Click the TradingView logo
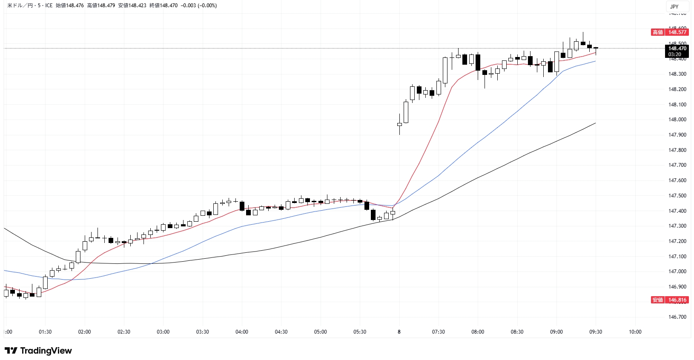(38, 351)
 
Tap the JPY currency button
(674, 6)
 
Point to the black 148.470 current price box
(677, 49)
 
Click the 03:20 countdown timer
(675, 54)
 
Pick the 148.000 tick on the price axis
(677, 120)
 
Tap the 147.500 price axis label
(677, 196)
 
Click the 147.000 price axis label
(677, 271)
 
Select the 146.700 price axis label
(677, 317)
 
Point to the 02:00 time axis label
(84, 332)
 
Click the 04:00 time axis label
(242, 332)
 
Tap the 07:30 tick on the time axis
(439, 332)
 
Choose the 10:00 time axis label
(635, 332)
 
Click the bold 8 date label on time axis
(399, 332)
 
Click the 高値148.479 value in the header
(101, 6)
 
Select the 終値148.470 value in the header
(163, 6)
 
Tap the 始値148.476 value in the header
(70, 6)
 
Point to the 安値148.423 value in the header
(132, 6)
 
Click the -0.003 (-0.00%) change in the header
(199, 6)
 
